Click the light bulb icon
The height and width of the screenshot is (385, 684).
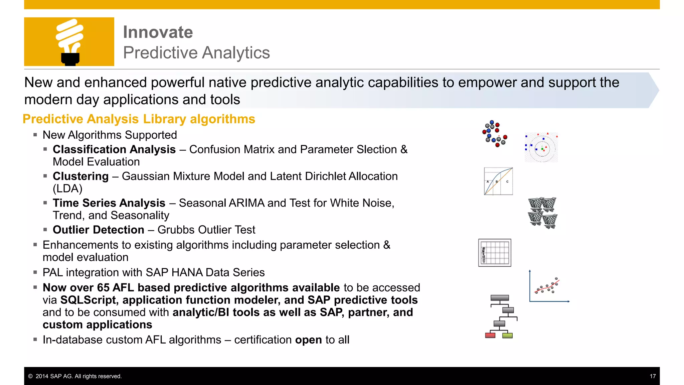coord(69,42)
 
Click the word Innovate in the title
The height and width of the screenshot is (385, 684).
coord(158,32)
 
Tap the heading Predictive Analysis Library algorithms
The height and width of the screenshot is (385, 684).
coord(139,119)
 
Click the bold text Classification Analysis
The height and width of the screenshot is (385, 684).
coord(114,149)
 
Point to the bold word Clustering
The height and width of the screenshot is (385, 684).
coord(80,176)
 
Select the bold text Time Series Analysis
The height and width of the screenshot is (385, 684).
coord(109,203)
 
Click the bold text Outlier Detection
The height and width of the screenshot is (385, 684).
coord(98,230)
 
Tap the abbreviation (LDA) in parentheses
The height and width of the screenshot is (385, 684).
coord(67,188)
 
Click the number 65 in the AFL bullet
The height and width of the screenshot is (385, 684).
coord(103,287)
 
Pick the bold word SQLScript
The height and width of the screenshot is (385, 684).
coord(88,300)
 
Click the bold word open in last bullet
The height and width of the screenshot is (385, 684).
coord(308,340)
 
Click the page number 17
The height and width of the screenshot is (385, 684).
coord(653,376)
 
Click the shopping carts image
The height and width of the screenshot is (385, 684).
coord(542,213)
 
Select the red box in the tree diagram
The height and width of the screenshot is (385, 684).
coord(490,335)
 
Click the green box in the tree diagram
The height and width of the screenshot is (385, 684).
coord(507,335)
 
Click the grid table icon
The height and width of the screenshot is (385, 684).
coord(495,253)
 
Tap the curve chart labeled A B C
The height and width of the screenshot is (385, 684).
coord(498,181)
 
